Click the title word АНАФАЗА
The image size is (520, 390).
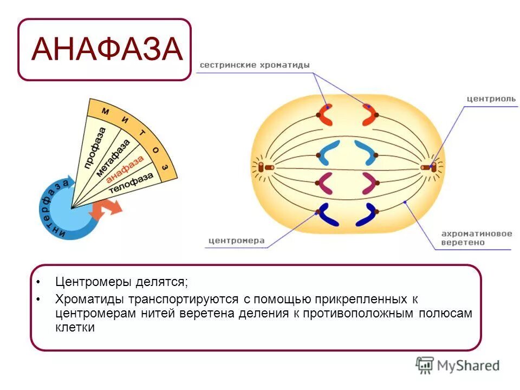point(106,50)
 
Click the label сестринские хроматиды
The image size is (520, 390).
point(255,65)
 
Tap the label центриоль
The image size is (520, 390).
point(491,99)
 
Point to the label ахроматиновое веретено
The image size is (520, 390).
point(476,238)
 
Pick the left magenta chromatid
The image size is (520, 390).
point(327,183)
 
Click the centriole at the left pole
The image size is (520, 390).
point(264,168)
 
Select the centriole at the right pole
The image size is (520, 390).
point(429,167)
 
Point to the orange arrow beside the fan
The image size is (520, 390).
point(105,209)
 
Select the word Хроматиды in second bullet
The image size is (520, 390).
point(89,299)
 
